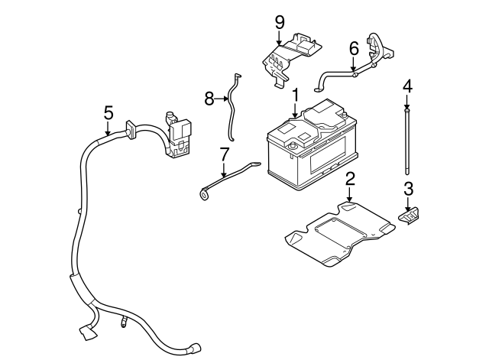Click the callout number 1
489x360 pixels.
coord(294,96)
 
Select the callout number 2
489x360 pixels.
coord(350,180)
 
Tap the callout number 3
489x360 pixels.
coord(408,189)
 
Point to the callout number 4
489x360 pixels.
coord(407,86)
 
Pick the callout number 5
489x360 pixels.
coord(108,112)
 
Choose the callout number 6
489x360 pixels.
coord(353,47)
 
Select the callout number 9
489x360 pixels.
coord(280,21)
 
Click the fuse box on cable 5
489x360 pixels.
coord(181,138)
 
